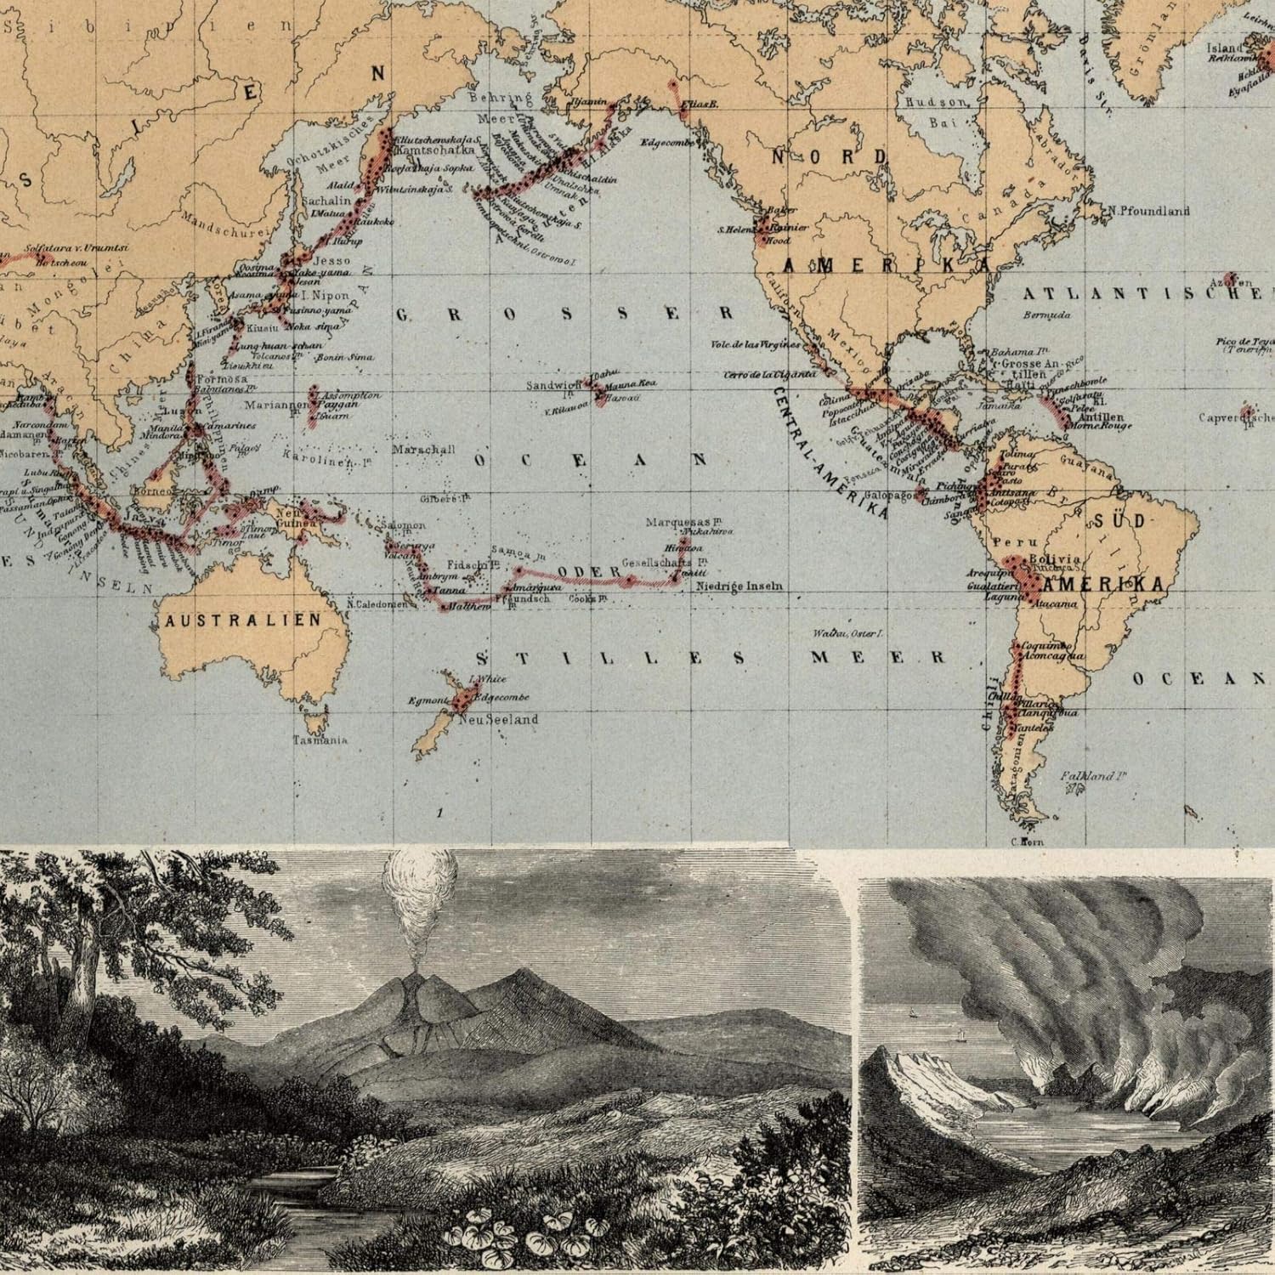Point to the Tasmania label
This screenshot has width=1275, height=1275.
click(x=320, y=739)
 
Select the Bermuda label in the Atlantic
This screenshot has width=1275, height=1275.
click(x=1045, y=314)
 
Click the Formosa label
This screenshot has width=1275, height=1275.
click(x=220, y=378)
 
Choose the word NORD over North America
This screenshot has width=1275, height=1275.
click(x=830, y=157)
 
